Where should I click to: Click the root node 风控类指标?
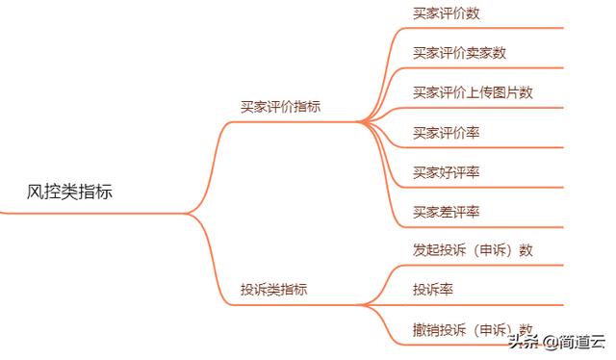69,192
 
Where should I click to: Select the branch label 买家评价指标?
280,107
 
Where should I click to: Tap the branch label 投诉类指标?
273,289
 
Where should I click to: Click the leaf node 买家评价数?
446,13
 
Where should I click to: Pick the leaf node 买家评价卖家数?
459,53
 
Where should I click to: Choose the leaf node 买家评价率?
446,132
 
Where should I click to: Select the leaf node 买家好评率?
446,171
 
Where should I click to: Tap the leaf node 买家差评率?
446,211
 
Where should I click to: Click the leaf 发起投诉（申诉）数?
473,250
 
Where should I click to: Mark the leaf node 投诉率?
433,290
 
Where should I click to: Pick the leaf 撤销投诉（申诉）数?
473,329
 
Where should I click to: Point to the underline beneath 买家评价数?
481,29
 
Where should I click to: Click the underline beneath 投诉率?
481,305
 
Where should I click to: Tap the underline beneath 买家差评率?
481,226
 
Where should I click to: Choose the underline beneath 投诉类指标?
289,304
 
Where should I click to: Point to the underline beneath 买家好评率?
481,187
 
